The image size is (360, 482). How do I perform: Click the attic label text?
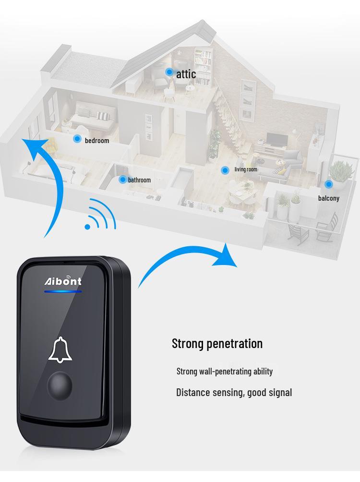[186, 74]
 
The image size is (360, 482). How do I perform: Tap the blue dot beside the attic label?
[169, 72]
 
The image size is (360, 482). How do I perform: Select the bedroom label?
[97, 141]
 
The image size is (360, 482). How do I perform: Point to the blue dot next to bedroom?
[77, 139]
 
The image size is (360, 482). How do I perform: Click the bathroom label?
[139, 180]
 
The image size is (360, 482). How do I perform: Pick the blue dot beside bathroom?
[122, 179]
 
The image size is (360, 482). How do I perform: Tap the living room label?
[246, 169]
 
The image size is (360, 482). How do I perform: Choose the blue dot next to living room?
[225, 170]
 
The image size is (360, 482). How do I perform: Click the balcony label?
[329, 198]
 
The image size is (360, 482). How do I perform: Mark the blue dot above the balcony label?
[329, 184]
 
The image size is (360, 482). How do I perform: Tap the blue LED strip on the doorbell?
[63, 291]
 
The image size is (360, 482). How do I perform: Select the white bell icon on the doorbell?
[60, 350]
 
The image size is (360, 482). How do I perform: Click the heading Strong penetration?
[217, 343]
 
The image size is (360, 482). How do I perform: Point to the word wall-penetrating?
[225, 371]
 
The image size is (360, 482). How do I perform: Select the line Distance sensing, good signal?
[234, 393]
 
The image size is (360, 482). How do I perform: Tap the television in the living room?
[277, 140]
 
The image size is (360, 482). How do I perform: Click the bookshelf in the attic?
[203, 65]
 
